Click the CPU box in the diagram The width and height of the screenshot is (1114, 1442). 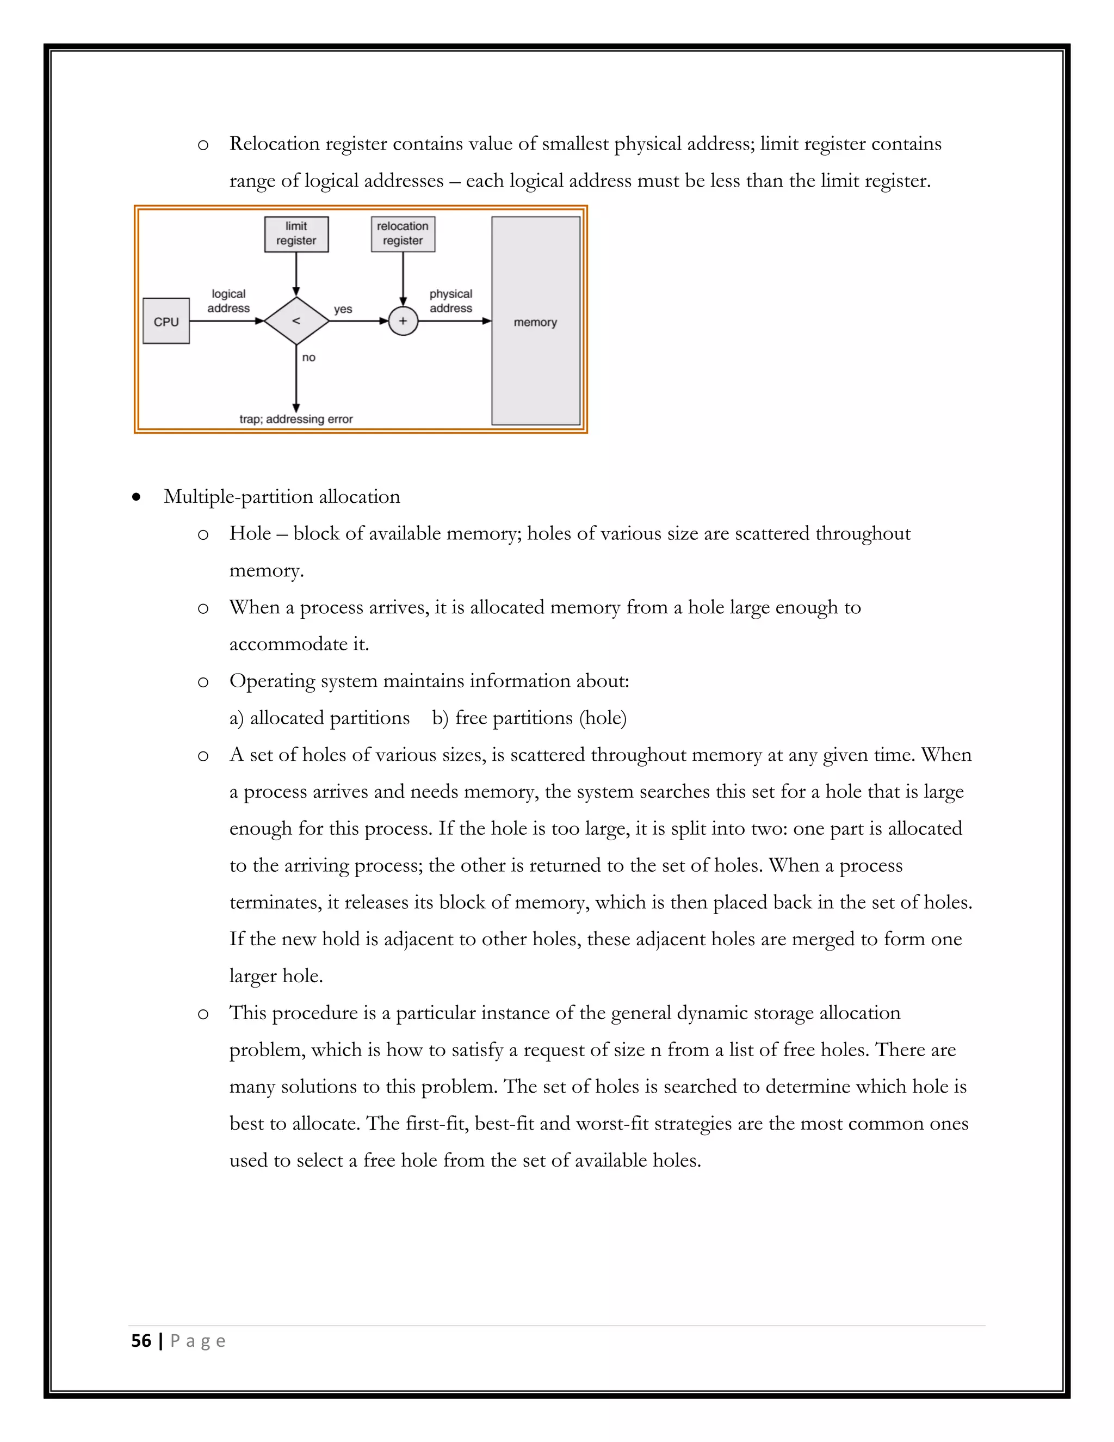166,322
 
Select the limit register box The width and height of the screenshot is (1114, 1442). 296,234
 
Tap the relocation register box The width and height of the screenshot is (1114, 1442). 403,234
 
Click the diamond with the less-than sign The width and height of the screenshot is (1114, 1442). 296,321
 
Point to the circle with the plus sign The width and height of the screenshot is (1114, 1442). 403,322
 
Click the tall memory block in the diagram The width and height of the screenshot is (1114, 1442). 535,322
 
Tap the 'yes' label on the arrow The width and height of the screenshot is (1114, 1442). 343,309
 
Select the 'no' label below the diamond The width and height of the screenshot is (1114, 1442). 308,357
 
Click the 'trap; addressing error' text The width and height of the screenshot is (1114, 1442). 296,419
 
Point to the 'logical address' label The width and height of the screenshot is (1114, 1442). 228,301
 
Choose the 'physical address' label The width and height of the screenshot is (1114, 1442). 451,301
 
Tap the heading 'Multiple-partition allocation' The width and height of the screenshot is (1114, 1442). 282,496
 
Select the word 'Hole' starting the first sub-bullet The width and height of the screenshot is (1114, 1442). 250,533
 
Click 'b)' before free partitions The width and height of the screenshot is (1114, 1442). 440,718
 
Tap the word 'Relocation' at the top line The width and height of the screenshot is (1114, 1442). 274,144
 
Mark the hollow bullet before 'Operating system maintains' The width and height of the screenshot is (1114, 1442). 203,682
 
